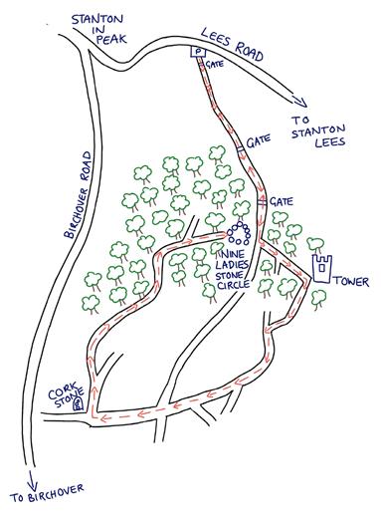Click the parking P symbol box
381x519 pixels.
coord(198,52)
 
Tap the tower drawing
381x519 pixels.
coord(322,269)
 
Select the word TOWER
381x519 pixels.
coord(351,282)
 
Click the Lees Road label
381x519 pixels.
coord(232,45)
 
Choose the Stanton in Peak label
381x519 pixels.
coord(98,29)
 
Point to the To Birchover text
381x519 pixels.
coord(47,493)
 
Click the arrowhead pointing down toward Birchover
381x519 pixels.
coord(32,480)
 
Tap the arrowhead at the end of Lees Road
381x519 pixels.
coord(299,101)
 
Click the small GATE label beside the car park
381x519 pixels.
coord(214,64)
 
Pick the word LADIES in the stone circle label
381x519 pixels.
coord(232,265)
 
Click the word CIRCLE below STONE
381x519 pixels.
coord(233,285)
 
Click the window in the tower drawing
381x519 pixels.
coord(321,268)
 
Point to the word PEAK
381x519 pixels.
coord(111,39)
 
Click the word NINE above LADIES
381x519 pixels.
coord(233,254)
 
